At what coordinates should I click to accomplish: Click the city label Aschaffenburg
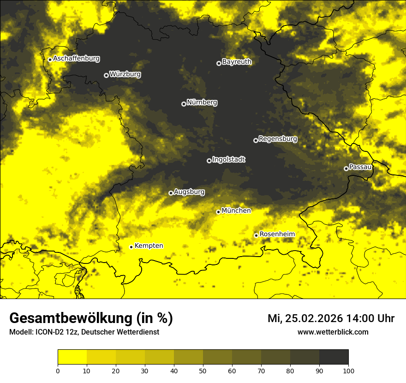76,59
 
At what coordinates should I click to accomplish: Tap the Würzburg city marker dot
106,75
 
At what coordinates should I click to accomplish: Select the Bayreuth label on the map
237,62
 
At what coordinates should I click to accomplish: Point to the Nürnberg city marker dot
184,104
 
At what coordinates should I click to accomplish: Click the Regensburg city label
278,138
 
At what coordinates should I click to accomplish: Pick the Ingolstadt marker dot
209,161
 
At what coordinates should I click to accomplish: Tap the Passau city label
360,167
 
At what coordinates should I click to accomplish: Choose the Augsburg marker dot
171,193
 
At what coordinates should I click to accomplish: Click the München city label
236,210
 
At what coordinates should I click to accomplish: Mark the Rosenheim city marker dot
256,235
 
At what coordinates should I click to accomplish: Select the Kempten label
149,245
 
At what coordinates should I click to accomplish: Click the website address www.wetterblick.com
333,332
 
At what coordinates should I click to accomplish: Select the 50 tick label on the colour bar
203,371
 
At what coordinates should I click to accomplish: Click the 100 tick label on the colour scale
348,371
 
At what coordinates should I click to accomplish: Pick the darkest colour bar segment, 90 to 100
334,357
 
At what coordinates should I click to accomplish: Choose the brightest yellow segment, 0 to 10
72,357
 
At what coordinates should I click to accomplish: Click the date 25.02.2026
312,318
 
